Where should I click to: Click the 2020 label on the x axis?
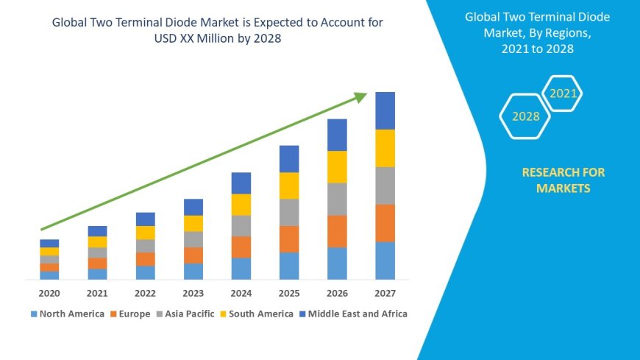(49, 293)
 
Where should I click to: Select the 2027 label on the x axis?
(385, 293)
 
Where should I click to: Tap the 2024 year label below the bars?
(241, 293)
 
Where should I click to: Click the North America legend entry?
(67, 314)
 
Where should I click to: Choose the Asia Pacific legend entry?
(185, 314)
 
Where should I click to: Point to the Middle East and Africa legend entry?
(352, 314)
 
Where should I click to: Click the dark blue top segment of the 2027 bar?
(385, 110)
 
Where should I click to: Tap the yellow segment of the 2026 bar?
(337, 166)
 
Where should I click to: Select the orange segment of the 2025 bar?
(289, 239)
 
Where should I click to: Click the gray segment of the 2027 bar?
(385, 186)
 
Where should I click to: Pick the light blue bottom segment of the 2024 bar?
(241, 268)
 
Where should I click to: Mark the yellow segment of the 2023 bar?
(193, 223)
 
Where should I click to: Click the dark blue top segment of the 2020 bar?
(49, 243)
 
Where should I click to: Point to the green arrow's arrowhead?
(360, 96)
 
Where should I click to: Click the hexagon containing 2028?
(525, 116)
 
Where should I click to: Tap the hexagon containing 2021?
(563, 93)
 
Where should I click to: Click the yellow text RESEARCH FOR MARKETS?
(563, 180)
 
